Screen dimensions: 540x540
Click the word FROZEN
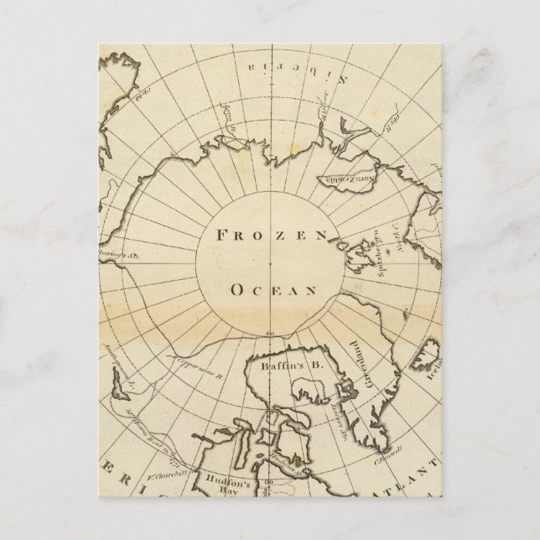pos(270,236)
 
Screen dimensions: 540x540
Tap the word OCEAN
pos(273,291)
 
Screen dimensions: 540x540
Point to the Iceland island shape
pos(434,355)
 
